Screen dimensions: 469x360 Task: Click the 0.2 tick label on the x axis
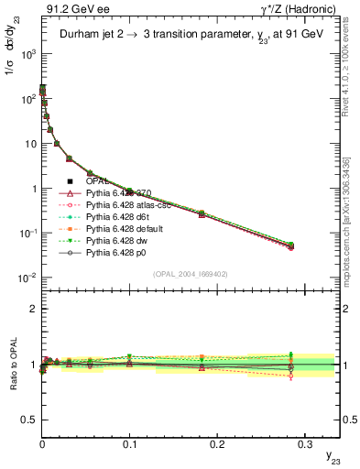pos(217,442)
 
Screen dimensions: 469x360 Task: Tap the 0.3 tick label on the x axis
pos(304,442)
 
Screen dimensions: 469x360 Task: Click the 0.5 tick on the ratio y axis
pos(29,419)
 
